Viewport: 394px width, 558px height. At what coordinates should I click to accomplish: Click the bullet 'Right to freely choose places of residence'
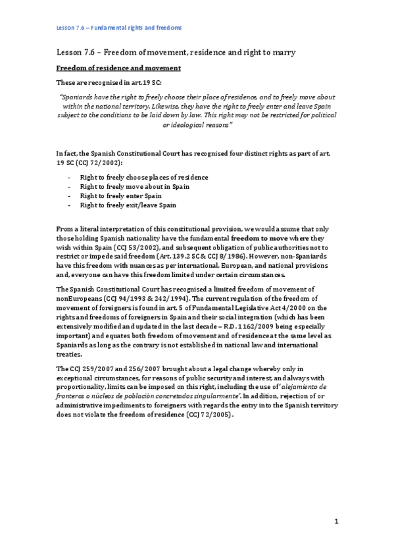point(144,178)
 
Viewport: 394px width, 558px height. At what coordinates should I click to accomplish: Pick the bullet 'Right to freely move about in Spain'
point(134,187)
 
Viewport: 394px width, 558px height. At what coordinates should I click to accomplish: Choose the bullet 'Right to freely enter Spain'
point(120,196)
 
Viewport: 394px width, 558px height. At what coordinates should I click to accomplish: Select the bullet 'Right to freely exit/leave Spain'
point(128,205)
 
